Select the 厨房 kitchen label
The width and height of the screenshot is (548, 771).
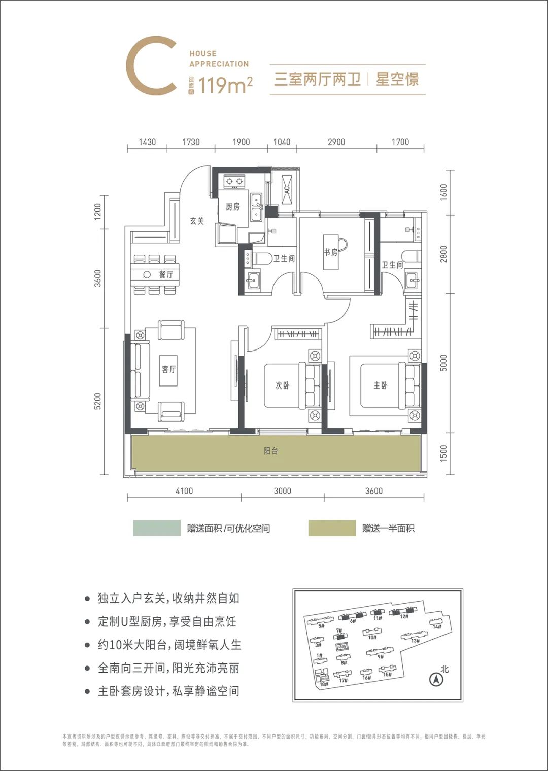[233, 207]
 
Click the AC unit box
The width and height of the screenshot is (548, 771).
[286, 189]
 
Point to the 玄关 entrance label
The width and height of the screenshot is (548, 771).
[197, 221]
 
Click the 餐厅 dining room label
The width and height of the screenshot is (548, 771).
[166, 274]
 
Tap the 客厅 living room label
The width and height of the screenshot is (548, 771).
[169, 369]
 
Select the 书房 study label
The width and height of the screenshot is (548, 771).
[331, 252]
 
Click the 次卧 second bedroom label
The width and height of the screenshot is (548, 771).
[282, 386]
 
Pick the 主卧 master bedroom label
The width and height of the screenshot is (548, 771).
[380, 386]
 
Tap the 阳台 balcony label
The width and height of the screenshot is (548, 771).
[271, 451]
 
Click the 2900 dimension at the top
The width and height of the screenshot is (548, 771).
[336, 142]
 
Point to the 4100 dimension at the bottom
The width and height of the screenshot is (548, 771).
[184, 490]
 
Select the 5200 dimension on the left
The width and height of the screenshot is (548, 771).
[98, 401]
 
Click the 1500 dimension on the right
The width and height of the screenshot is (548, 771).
[444, 453]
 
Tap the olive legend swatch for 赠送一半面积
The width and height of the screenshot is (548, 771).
[332, 528]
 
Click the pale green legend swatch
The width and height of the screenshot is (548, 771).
[157, 528]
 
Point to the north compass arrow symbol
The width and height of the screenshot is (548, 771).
[435, 679]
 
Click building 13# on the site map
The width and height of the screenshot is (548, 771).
[415, 640]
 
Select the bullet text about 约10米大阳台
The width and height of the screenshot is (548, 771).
[169, 645]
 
